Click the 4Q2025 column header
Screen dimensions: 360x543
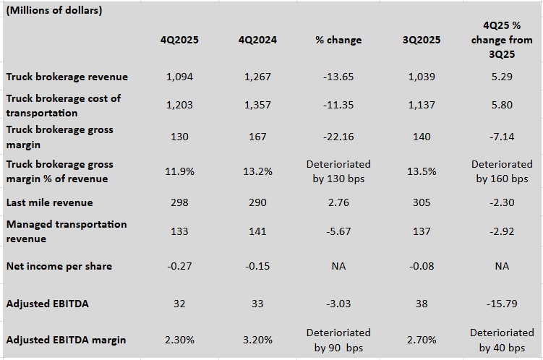pos(179,40)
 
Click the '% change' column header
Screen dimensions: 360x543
pos(338,40)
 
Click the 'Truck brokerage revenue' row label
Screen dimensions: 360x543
pos(67,77)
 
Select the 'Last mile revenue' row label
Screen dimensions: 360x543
pos(50,202)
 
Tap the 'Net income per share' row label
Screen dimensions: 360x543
pos(59,266)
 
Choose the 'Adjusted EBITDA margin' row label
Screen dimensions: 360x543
pos(66,340)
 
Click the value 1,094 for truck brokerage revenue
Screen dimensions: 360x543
pos(179,77)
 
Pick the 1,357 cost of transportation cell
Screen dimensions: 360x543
pos(258,105)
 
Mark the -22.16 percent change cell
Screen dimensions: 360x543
pos(338,137)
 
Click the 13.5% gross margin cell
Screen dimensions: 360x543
pos(422,171)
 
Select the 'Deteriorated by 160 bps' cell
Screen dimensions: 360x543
pos(502,171)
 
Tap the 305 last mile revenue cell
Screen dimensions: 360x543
pos(422,202)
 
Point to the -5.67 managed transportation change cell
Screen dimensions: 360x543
pos(338,231)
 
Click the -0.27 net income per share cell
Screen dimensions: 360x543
pos(179,266)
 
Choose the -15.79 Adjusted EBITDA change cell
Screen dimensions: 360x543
pos(502,304)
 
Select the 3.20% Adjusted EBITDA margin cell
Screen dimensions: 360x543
pos(258,340)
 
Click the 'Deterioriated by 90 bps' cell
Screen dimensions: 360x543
pos(338,340)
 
